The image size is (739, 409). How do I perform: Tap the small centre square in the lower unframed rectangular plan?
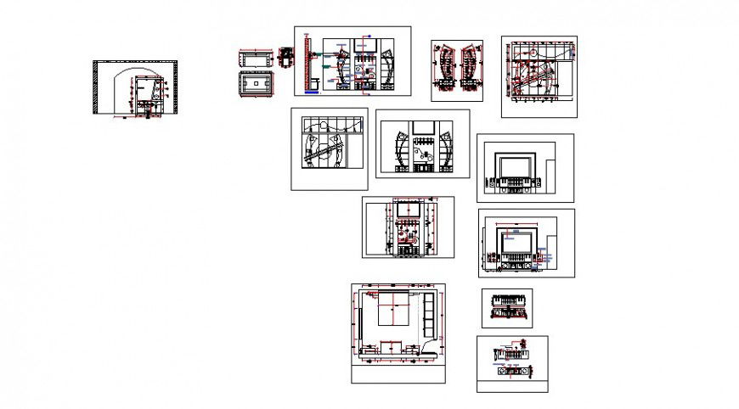pyautogui.click(x=255, y=85)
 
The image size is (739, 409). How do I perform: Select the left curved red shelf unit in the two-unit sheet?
pyautogui.click(x=444, y=66)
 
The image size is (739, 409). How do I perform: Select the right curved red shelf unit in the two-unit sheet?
pyautogui.click(x=467, y=66)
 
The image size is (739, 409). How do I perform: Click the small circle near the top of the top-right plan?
pyautogui.click(x=531, y=52)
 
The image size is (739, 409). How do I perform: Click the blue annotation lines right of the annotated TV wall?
pyautogui.click(x=550, y=252)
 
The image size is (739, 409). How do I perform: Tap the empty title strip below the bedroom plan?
pyautogui.click(x=398, y=373)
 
